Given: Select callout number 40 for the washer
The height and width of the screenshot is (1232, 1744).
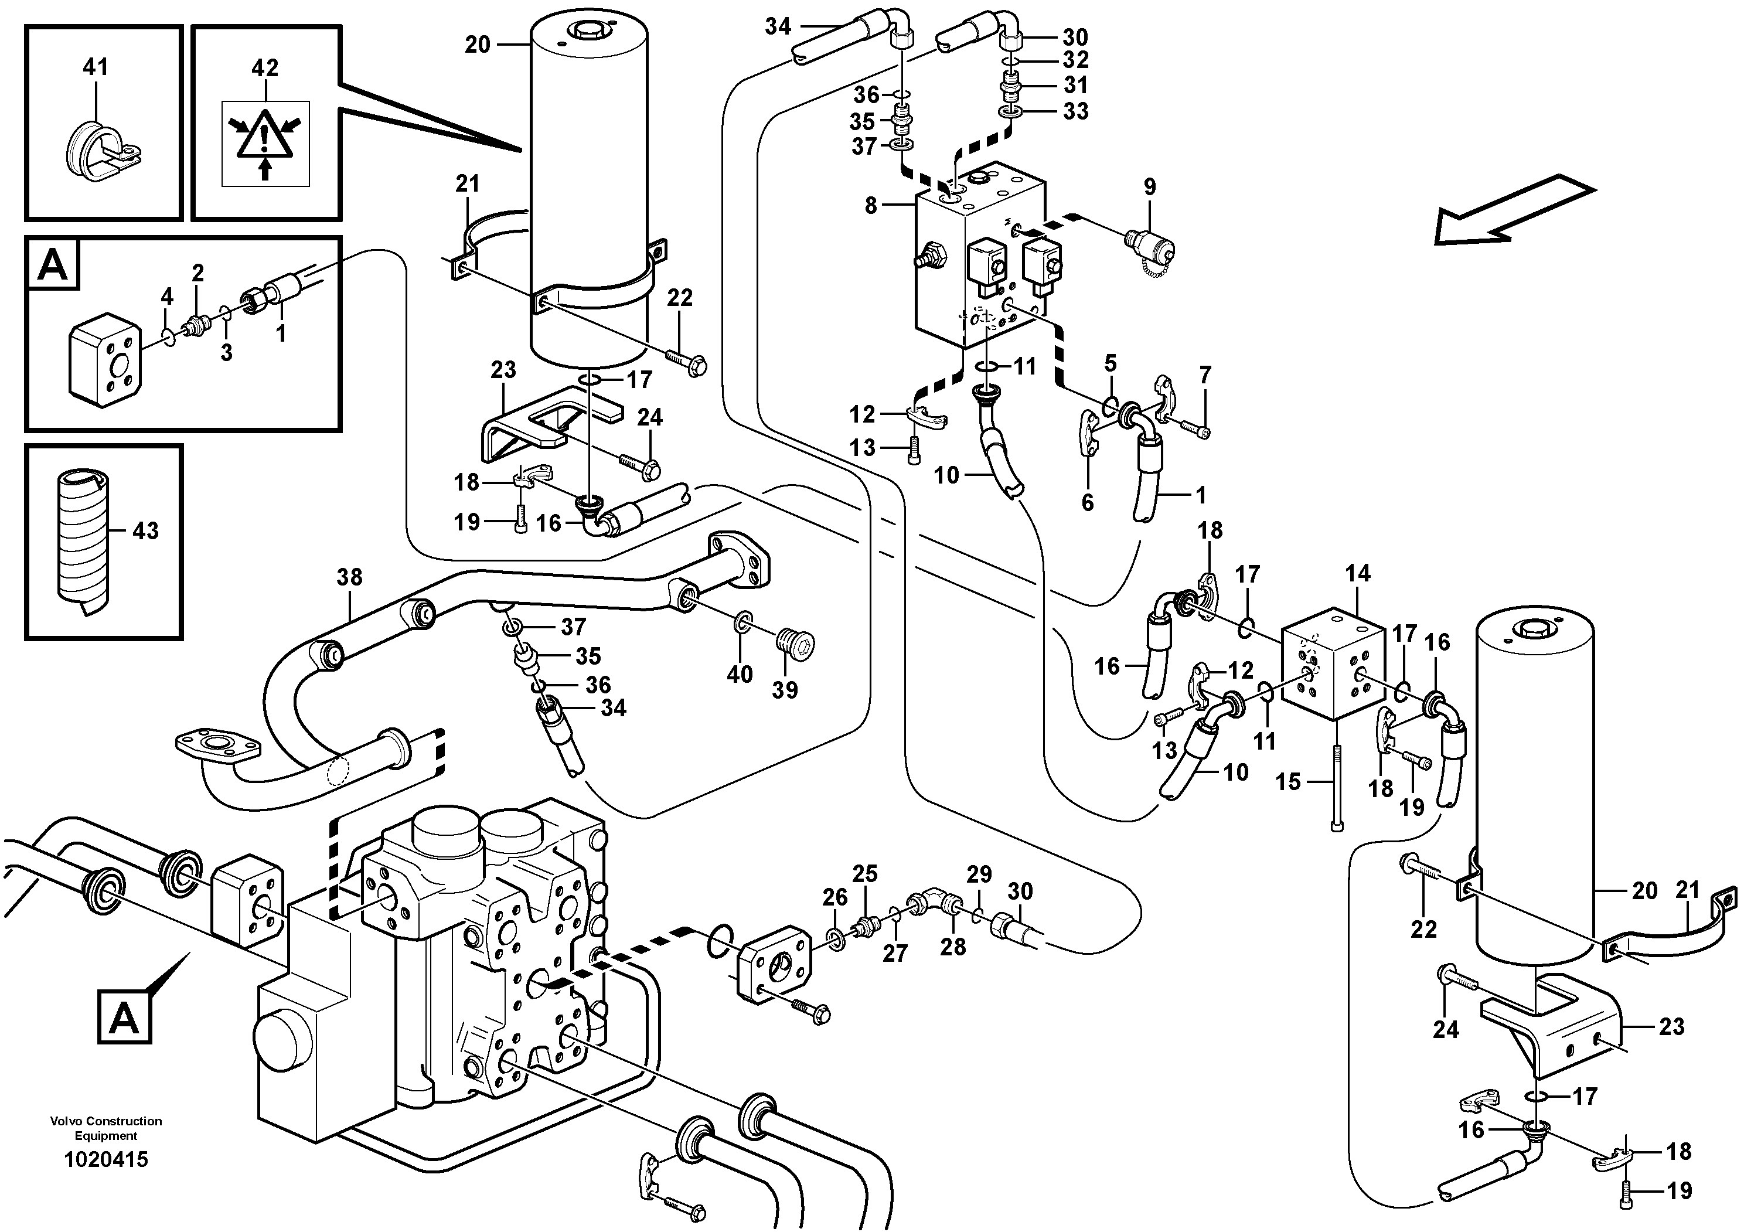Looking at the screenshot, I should point(739,673).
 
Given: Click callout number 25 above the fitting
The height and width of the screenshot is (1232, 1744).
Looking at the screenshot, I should point(864,874).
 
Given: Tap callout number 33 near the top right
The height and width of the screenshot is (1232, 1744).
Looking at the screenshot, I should point(1075,112).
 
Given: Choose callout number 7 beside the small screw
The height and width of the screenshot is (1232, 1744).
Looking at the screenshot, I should point(1205,375).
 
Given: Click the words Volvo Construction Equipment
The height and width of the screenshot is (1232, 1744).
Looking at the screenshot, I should point(105,1128).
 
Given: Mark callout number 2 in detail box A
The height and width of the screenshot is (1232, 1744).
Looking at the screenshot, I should point(197,273).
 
